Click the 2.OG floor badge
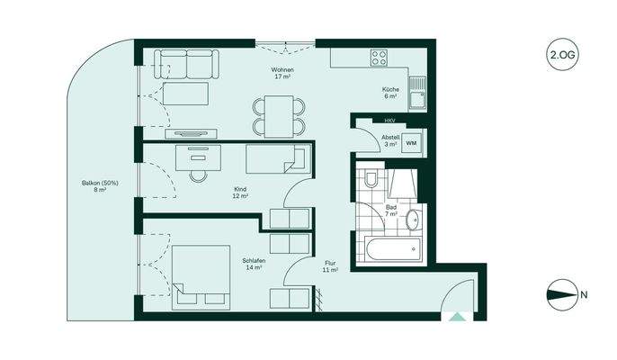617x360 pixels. point(562,54)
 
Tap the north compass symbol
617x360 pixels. point(562,294)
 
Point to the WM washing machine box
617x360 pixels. point(412,143)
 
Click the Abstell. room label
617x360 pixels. point(390,140)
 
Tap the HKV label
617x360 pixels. point(389,121)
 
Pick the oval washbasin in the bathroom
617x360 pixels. point(412,219)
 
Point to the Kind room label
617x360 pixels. point(240,191)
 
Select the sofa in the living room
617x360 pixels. point(186,62)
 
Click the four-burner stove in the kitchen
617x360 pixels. point(380,57)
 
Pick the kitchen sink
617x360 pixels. point(416,91)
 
